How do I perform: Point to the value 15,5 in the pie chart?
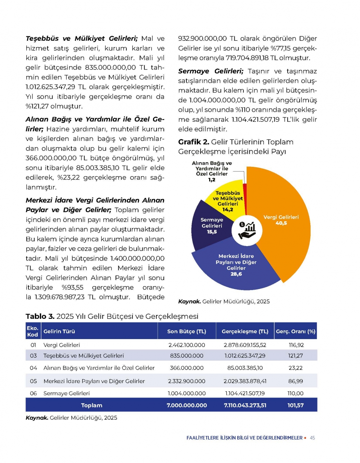coord(212,232)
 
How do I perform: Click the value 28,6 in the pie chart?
coord(236,274)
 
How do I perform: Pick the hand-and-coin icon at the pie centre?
coord(247,231)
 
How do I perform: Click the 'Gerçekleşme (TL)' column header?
coord(245,331)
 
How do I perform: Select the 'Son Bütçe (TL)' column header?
coord(186,331)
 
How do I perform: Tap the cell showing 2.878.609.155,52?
coord(245,345)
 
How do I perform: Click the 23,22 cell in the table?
coord(296,368)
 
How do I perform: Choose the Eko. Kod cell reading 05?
coord(33,381)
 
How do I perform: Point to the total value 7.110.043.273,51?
coord(245,405)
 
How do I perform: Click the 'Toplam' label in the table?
coord(91,405)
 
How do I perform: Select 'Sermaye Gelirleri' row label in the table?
coord(67,393)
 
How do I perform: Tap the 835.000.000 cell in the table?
coord(186,356)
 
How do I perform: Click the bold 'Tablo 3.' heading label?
coord(40,316)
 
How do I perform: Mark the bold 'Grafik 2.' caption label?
coord(194,142)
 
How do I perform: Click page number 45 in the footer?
coord(312,438)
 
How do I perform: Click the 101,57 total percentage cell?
coord(296,405)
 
